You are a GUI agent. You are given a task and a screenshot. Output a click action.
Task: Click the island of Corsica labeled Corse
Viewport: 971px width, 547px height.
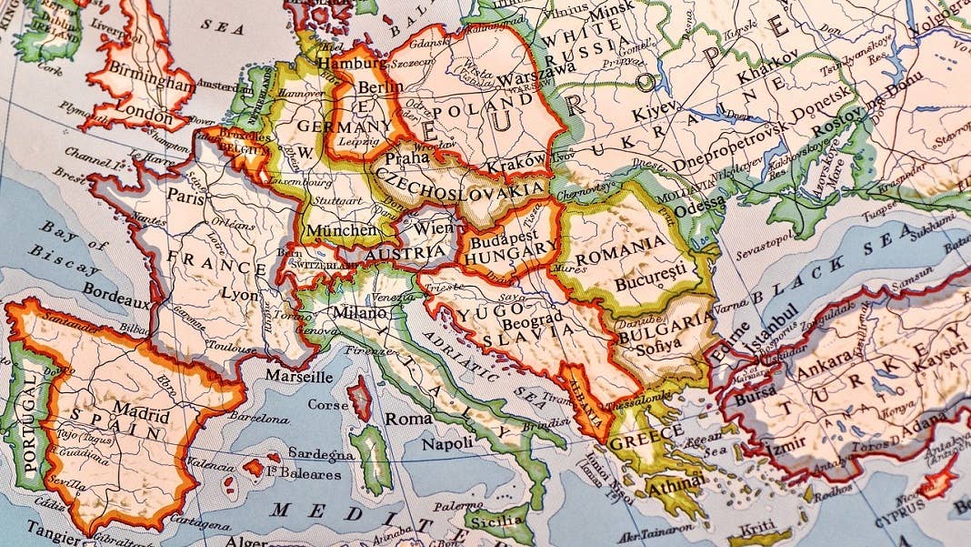coord(328,404)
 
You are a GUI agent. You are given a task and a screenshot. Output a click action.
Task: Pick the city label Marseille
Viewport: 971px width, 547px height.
coord(298,375)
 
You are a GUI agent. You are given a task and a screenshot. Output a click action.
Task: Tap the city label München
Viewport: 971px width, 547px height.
coord(341,230)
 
